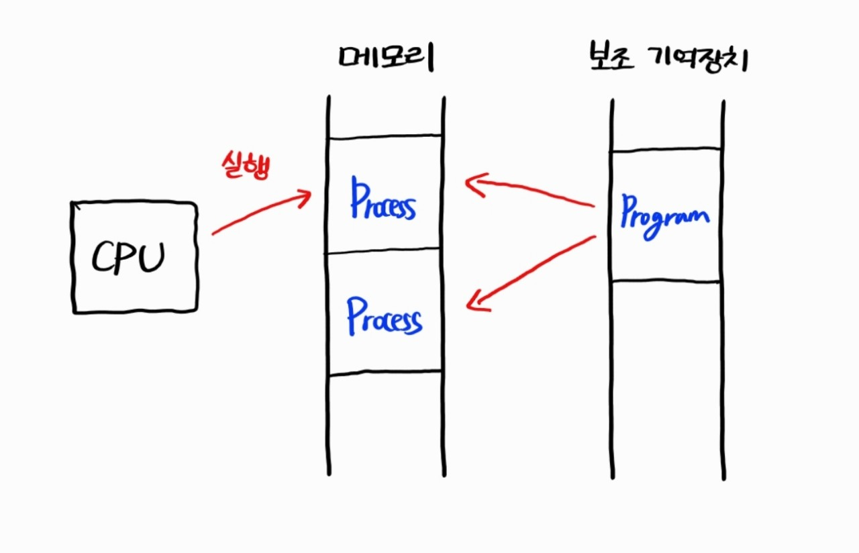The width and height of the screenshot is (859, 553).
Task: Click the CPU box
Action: [x=134, y=258]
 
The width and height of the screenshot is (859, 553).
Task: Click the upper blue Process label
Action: [x=383, y=200]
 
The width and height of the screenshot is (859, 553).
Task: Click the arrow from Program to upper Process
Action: [x=530, y=191]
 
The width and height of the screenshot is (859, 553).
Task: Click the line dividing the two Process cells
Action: [x=386, y=253]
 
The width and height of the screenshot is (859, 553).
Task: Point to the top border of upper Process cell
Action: [x=386, y=138]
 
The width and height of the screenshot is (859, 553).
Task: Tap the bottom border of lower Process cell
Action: [x=386, y=372]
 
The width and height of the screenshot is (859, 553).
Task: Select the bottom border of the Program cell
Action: [x=666, y=281]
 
